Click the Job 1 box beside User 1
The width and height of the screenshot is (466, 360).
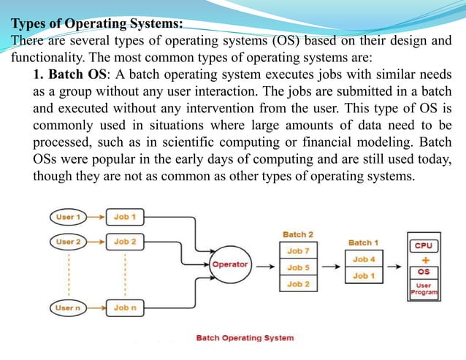[125, 217]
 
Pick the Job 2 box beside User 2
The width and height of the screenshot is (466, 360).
[125, 241]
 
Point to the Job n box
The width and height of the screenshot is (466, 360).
[125, 308]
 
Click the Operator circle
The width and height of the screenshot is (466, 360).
[230, 264]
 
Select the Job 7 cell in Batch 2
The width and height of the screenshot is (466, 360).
[297, 251]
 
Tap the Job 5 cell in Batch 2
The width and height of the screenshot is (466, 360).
[297, 267]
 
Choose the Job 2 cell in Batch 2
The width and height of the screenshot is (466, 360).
[297, 283]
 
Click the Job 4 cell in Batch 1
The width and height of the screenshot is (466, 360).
[364, 259]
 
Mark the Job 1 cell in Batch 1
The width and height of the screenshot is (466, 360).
[364, 275]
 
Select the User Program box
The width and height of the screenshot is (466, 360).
[424, 288]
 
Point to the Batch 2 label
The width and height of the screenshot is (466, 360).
[297, 234]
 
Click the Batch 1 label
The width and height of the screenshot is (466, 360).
[364, 242]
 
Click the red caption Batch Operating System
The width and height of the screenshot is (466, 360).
[245, 337]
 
